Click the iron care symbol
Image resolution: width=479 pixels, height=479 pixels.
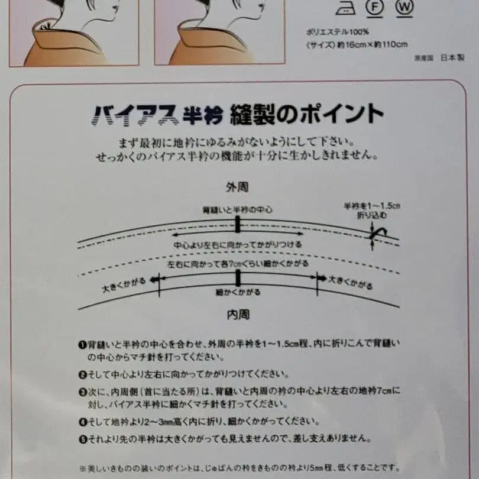click(346, 8)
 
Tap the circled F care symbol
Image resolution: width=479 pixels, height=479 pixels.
click(373, 8)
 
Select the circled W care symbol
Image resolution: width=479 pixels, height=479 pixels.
click(404, 8)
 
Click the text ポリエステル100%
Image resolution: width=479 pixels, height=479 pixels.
click(332, 31)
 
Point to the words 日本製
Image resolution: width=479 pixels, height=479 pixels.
click(453, 58)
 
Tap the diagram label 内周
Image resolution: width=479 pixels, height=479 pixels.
click(238, 315)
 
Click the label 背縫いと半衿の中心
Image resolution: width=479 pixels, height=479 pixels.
click(237, 210)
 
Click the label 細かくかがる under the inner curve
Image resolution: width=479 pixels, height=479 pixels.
click(238, 292)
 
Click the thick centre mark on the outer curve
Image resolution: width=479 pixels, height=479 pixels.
click(237, 224)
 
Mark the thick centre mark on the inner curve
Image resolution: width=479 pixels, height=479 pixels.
click(238, 278)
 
